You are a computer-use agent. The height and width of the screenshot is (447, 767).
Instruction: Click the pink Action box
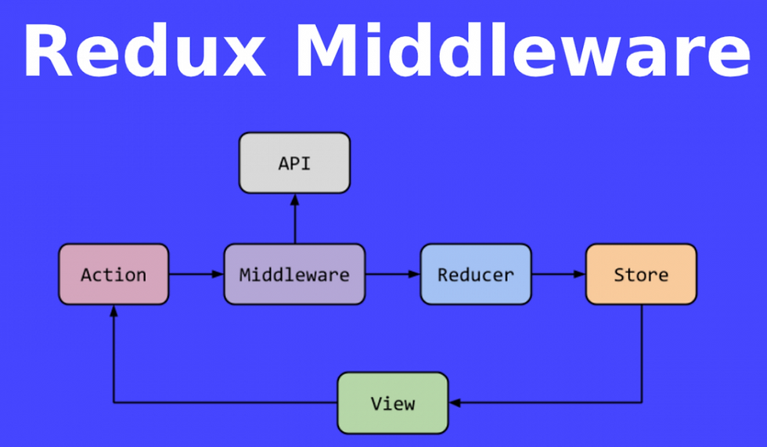(113, 274)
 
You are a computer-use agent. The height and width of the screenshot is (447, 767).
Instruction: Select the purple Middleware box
(294, 274)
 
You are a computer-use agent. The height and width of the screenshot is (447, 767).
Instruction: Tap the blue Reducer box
(476, 274)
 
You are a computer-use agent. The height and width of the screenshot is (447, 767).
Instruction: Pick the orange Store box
(641, 274)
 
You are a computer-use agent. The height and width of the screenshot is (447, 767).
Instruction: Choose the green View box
(393, 403)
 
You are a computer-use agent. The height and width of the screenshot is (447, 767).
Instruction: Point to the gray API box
(294, 163)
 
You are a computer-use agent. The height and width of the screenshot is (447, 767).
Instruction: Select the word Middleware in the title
(523, 50)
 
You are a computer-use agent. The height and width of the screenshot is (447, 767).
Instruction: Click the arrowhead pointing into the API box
(294, 199)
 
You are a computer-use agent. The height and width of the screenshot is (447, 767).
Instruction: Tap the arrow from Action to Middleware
(196, 274)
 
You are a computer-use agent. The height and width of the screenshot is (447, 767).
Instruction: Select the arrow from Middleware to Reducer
(393, 274)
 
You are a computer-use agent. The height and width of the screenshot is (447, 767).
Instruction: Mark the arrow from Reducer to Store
(559, 274)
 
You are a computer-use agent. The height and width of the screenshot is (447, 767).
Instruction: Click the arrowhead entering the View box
(455, 403)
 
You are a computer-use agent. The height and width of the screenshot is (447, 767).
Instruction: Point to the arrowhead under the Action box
(113, 311)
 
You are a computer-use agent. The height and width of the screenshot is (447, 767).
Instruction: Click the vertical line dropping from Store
(641, 354)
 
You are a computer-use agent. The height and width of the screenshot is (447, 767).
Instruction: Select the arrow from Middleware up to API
(294, 218)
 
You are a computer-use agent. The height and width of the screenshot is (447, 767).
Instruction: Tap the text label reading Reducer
(476, 274)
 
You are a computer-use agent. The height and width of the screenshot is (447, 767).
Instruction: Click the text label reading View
(393, 403)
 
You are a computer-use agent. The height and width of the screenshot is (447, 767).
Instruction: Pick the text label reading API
(294, 163)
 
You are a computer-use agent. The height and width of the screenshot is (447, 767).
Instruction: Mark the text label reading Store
(641, 274)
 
